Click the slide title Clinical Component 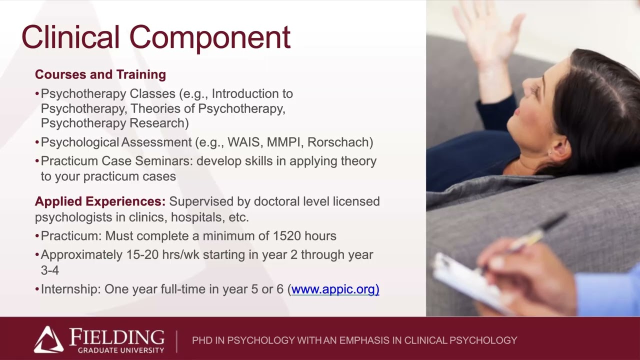pyautogui.click(x=155, y=37)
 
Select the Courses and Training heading pyautogui.click(x=100, y=74)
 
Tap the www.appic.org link pyautogui.click(x=335, y=289)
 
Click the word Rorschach pyautogui.click(x=339, y=142)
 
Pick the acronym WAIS pyautogui.click(x=244, y=142)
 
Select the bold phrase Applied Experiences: pyautogui.click(x=100, y=201)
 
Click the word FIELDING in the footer pyautogui.click(x=116, y=336)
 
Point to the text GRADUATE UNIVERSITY pyautogui.click(x=120, y=350)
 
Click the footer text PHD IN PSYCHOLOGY pyautogui.click(x=243, y=340)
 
